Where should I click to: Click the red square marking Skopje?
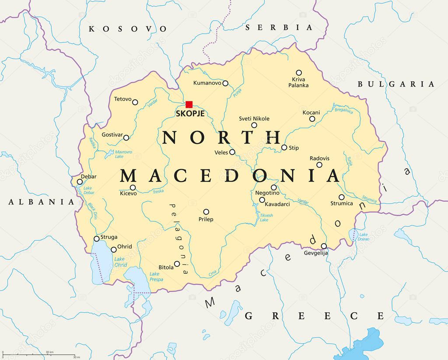[x=189, y=104]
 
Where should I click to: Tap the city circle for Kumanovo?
[x=225, y=83]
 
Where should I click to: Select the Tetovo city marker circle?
[x=135, y=102]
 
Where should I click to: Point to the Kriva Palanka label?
[x=298, y=82]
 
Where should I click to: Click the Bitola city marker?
[x=177, y=264]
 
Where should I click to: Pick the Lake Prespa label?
[x=156, y=276]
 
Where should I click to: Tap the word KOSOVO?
[x=128, y=29]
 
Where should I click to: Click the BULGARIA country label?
[x=396, y=84]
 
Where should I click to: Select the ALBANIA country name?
[x=42, y=202]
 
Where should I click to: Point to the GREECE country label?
[x=314, y=316]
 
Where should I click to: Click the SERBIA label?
[x=279, y=28]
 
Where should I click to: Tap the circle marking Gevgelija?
[x=324, y=246]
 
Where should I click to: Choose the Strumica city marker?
[x=341, y=197]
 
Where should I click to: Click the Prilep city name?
[x=206, y=219]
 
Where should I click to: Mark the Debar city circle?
[x=80, y=182]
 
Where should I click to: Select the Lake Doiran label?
[x=364, y=237]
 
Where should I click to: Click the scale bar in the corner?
[x=38, y=355]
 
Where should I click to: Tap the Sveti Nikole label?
[x=254, y=119]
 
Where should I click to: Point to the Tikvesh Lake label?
[x=266, y=217]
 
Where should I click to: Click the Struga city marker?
[x=97, y=239]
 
